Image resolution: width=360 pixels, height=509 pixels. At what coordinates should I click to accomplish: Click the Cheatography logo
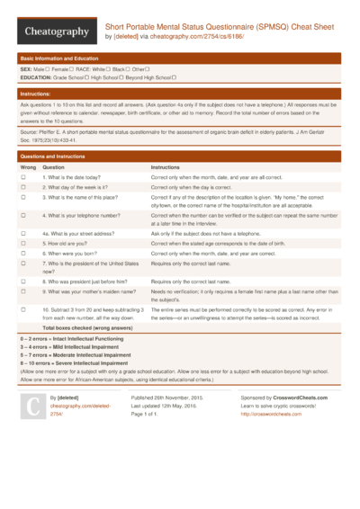(57, 31)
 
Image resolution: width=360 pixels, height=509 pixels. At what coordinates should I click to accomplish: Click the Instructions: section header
(35, 94)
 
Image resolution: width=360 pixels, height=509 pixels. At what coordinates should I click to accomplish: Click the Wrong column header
(28, 168)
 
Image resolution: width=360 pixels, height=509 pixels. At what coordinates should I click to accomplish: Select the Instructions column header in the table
(166, 168)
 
